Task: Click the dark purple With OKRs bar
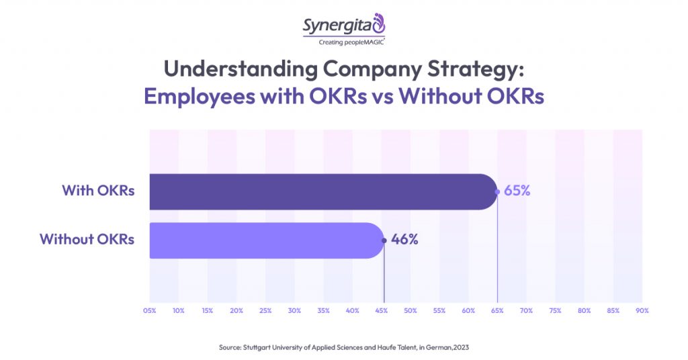(x=322, y=191)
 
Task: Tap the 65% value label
(x=517, y=191)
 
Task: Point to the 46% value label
(x=404, y=240)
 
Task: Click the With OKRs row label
(x=98, y=191)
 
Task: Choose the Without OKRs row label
(x=87, y=240)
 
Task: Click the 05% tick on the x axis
(x=149, y=311)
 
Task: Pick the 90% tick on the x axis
(x=642, y=311)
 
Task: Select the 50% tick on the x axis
(x=410, y=311)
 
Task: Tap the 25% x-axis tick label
(x=265, y=311)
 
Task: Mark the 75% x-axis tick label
(x=555, y=311)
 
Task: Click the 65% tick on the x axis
(x=497, y=311)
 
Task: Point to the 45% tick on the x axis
(x=381, y=311)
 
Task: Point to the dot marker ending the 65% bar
(x=497, y=191)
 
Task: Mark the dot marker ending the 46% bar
(x=384, y=240)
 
